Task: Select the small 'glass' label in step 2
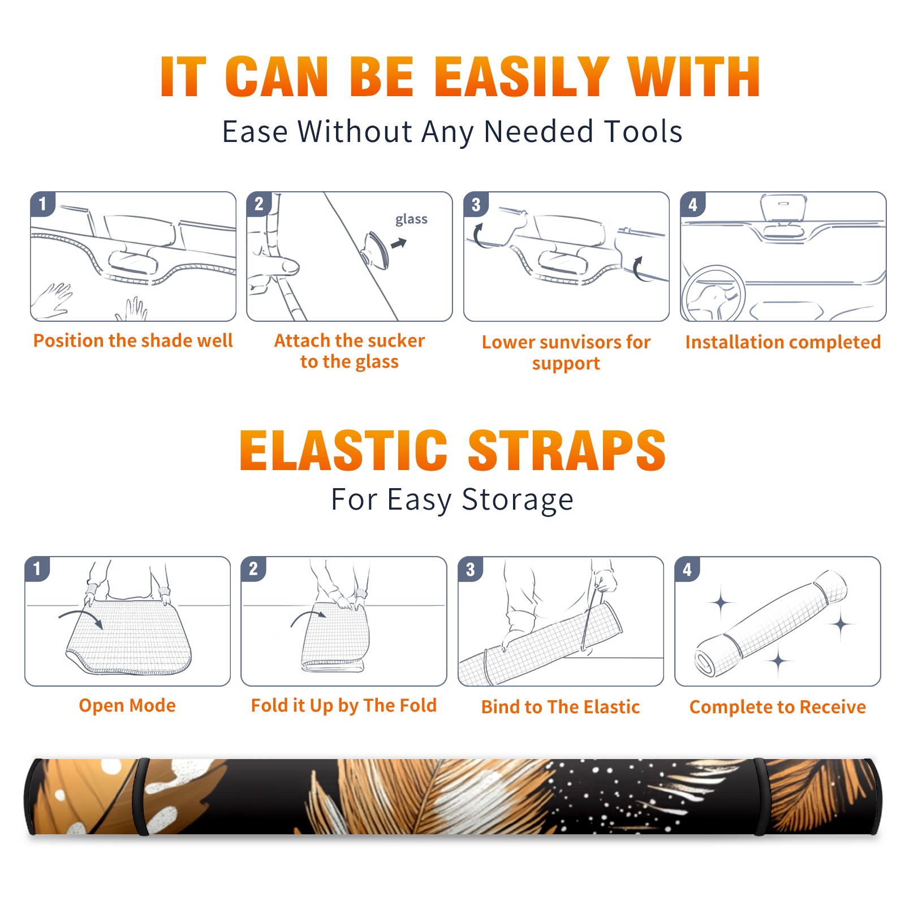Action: [411, 219]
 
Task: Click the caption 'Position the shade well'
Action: [133, 341]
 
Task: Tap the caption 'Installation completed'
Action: [783, 342]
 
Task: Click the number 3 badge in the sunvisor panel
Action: [476, 204]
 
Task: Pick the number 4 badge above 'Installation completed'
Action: [693, 204]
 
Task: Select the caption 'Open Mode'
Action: [127, 705]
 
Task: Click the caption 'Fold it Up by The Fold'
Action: [344, 706]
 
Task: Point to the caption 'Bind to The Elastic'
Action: [561, 707]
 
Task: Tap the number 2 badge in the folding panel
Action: [253, 568]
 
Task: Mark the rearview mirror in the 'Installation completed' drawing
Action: [783, 209]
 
